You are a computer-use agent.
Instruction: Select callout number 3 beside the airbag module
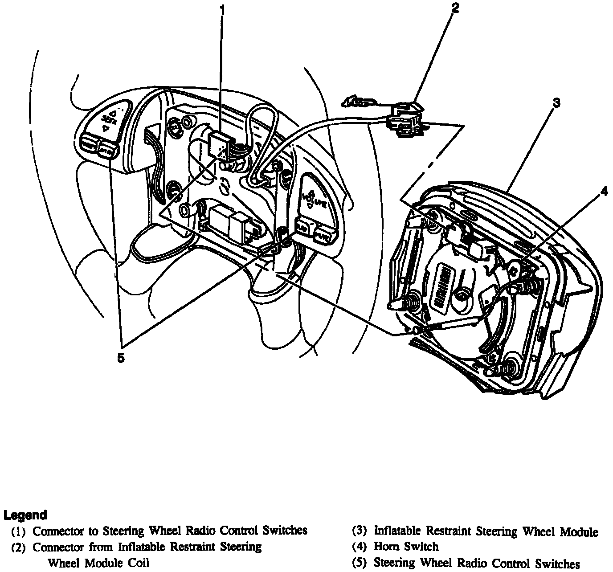pos(556,103)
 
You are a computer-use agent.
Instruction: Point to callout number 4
pos(604,192)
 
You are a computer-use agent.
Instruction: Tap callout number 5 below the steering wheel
pos(121,358)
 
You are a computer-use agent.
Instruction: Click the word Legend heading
pos(25,515)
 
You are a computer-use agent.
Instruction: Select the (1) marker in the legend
pos(18,531)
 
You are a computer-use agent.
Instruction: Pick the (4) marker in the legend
pos(359,547)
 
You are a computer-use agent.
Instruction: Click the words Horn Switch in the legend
pos(406,547)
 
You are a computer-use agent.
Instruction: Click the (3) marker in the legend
pos(359,531)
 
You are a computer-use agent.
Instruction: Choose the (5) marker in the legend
pos(359,563)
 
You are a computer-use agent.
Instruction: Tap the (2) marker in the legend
pos(18,547)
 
